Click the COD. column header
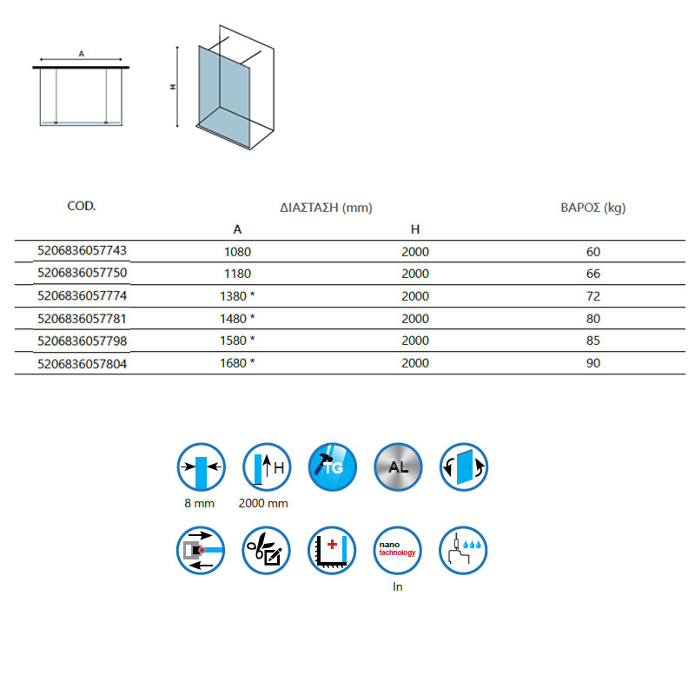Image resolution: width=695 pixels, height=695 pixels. click(81, 207)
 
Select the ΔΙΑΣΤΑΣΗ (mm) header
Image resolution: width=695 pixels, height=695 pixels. click(326, 208)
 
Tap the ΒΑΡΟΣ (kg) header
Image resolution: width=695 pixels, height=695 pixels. click(593, 208)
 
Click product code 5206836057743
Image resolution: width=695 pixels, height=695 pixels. click(83, 250)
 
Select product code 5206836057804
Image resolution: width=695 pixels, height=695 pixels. click(83, 363)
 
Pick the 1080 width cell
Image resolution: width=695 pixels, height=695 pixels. click(237, 252)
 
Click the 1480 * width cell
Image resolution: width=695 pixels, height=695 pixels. click(237, 319)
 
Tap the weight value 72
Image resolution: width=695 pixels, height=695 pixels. click(593, 296)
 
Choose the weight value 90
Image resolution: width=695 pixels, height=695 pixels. click(593, 363)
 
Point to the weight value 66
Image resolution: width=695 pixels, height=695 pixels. click(593, 274)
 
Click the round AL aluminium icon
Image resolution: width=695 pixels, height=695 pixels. click(398, 467)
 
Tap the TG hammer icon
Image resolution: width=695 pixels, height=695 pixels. click(333, 467)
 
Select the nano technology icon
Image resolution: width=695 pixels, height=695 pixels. click(398, 550)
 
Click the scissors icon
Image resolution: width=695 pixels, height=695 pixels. click(266, 550)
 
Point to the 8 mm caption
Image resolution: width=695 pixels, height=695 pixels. click(201, 503)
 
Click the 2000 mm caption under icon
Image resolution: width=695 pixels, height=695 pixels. click(263, 503)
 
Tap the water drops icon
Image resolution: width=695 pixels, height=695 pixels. click(464, 550)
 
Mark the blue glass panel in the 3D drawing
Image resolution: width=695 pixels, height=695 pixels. click(224, 87)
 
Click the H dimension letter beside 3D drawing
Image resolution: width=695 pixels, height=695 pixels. click(174, 88)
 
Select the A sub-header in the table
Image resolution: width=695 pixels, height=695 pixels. click(237, 229)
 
